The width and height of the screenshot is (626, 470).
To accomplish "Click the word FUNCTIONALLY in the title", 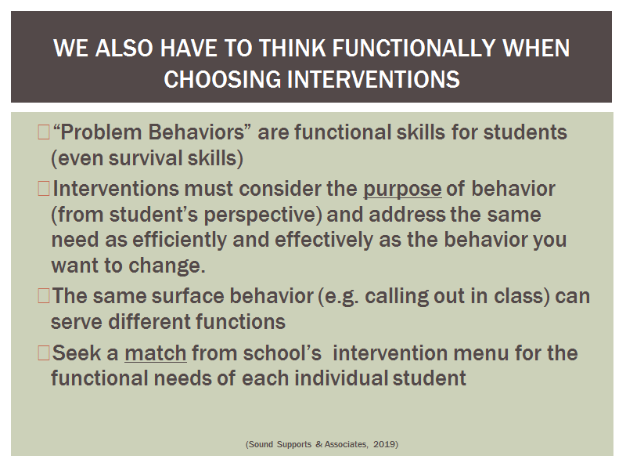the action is coord(414,48).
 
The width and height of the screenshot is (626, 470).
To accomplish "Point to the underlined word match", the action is coord(156,353).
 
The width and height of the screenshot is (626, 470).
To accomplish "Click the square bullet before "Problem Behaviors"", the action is coord(44,132).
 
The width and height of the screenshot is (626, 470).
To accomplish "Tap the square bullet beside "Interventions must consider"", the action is coord(44,189).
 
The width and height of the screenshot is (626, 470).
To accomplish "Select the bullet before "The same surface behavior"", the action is coord(44,296).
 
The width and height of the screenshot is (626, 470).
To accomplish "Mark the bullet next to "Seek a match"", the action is coord(44,353).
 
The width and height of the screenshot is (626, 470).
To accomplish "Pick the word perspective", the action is coord(261,215).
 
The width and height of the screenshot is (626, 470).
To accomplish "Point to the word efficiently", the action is coord(180,240).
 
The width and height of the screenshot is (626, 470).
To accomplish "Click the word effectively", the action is coord(324,240).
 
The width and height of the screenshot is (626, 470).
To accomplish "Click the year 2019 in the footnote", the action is coord(384,444).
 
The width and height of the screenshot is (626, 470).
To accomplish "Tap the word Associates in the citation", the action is coord(346,444).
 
